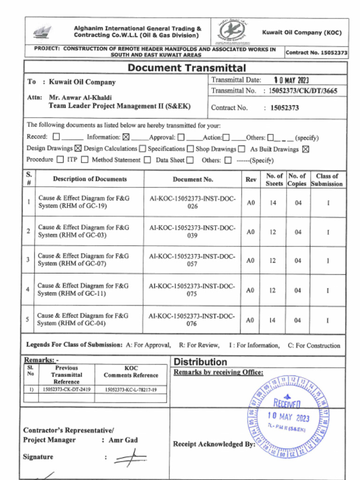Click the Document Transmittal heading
point(186,68)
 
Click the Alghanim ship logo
point(42,32)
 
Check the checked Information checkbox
point(126,137)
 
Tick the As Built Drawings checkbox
point(306,149)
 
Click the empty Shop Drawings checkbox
point(241,149)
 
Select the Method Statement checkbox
point(147,160)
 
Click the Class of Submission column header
point(327,180)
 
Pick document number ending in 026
point(193,202)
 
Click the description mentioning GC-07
point(83,260)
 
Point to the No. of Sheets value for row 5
point(272,320)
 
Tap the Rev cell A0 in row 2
point(251,232)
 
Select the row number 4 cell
point(28,289)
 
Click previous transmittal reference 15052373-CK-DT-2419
point(67,390)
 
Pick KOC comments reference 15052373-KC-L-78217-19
point(131,390)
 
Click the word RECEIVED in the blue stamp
point(287,403)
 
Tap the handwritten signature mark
point(130,457)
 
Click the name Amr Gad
point(123,440)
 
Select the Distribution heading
point(200,362)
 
